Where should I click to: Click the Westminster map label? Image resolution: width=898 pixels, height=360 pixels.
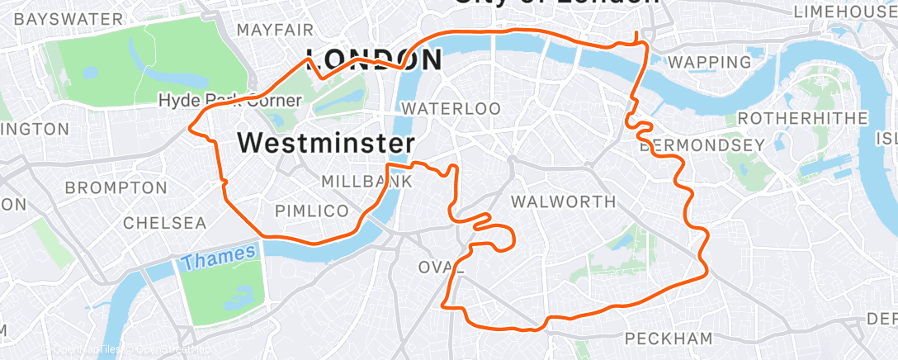[326, 143]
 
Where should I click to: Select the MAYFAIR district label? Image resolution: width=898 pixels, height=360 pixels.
[276, 30]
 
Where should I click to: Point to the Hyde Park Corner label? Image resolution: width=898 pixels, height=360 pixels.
[230, 101]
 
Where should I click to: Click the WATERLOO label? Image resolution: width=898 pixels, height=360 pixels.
[451, 108]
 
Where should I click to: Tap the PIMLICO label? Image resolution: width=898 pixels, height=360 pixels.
[311, 211]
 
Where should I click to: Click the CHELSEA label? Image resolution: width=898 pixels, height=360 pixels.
[164, 223]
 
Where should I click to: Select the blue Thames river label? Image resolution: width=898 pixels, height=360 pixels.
[218, 258]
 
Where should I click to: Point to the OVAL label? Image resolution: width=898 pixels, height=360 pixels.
[442, 268]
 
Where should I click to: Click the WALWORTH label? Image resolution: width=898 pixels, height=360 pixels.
[564, 201]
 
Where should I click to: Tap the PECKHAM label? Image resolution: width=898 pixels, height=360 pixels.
[668, 338]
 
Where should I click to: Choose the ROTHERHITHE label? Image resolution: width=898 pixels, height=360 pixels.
[802, 118]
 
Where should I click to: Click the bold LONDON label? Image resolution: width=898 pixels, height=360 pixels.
[373, 59]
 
